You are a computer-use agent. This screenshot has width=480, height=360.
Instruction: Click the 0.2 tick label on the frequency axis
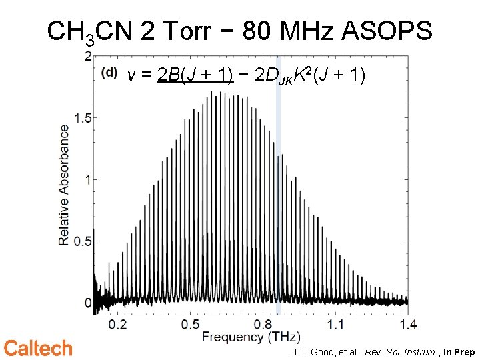117,325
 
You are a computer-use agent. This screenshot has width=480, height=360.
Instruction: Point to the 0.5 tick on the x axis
191,325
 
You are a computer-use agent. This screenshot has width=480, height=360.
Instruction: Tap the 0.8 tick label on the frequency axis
263,325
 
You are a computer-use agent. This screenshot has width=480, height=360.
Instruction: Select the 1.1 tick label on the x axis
335,325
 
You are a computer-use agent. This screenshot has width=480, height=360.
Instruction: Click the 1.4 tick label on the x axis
408,325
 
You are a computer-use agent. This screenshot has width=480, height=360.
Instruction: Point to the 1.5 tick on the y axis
81,118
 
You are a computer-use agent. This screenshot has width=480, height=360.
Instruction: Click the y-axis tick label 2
87,57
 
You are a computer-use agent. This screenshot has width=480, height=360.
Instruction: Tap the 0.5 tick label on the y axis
81,241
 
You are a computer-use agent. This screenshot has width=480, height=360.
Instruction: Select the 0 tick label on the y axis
87,302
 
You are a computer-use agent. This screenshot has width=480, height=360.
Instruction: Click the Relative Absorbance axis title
64,184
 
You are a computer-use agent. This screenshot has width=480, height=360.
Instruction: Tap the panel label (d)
110,72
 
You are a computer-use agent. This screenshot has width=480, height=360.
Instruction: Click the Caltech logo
38,348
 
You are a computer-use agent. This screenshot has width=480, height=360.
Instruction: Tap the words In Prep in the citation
459,351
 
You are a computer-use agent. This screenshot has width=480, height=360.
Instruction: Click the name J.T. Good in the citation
311,351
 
